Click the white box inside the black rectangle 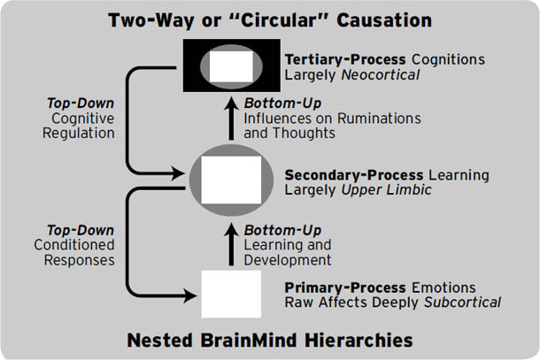[230, 66]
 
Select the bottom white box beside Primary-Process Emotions [232, 294]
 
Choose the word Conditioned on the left [73, 244]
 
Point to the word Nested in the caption [158, 341]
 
